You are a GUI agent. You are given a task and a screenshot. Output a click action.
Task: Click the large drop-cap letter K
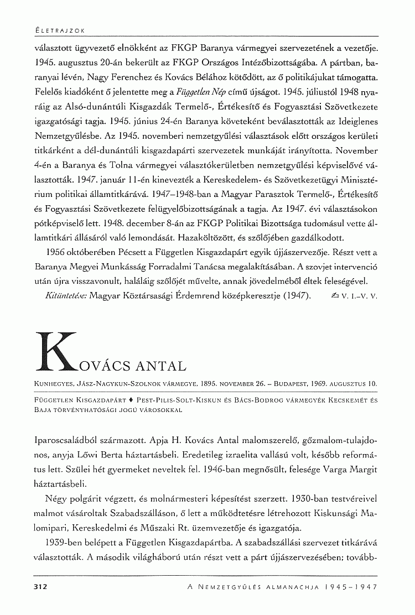point(58,351)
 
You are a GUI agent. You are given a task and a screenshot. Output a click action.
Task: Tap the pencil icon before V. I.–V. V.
point(333,295)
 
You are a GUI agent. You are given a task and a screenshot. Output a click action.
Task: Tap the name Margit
point(362,470)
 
